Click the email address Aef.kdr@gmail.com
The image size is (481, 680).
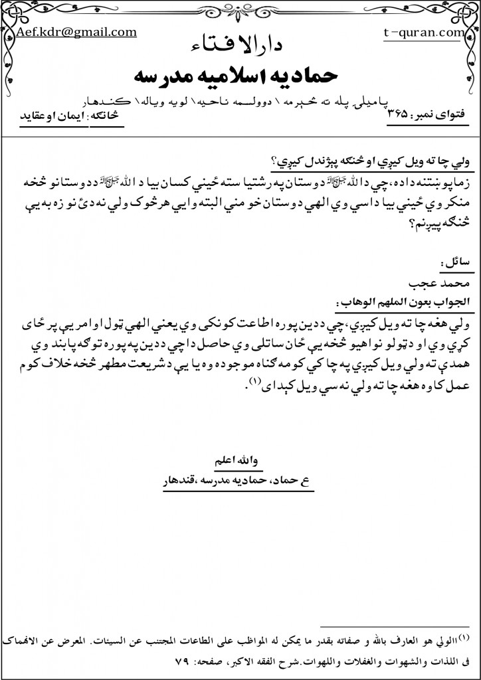(x=77, y=32)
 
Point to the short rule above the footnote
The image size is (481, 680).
(x=395, y=626)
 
